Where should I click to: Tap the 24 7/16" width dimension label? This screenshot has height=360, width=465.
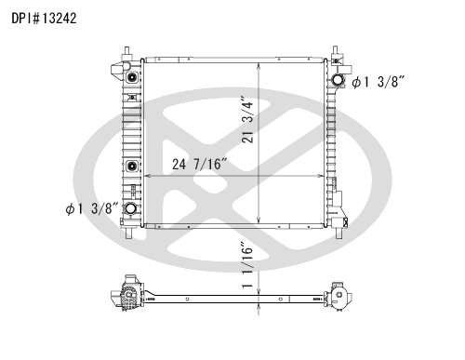click(x=200, y=165)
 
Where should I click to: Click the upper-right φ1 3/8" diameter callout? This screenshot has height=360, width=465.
click(x=380, y=83)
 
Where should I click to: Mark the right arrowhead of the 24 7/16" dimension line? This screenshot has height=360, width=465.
click(x=320, y=174)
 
